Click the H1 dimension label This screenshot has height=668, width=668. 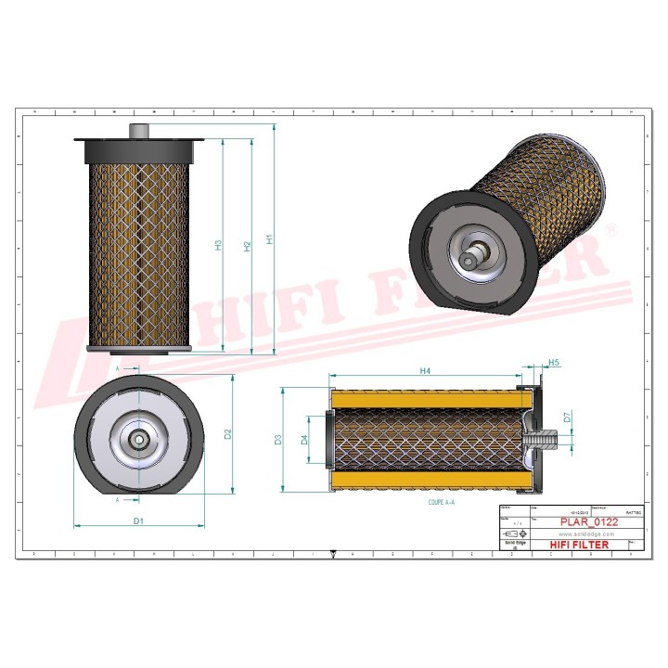click(x=270, y=239)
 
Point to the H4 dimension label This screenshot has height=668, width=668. click(x=425, y=371)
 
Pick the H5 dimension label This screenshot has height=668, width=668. click(x=554, y=362)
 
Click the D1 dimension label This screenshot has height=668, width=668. click(x=138, y=521)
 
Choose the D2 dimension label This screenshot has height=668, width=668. click(x=227, y=434)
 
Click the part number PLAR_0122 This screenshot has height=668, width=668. click(x=588, y=522)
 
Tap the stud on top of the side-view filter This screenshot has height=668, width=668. click(x=140, y=132)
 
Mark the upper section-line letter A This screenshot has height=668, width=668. click(x=118, y=369)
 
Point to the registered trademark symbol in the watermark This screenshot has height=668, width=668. click(x=610, y=227)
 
